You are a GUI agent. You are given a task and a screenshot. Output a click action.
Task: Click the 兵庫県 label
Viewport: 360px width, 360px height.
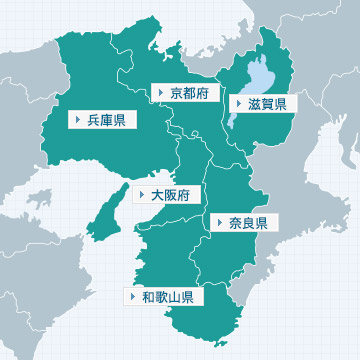100,120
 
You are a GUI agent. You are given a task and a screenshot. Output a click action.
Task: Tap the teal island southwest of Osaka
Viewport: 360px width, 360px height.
102,215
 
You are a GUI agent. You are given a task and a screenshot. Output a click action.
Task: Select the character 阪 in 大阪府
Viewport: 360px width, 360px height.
170,194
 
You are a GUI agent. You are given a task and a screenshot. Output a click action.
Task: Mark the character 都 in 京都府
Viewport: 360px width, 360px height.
189,92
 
